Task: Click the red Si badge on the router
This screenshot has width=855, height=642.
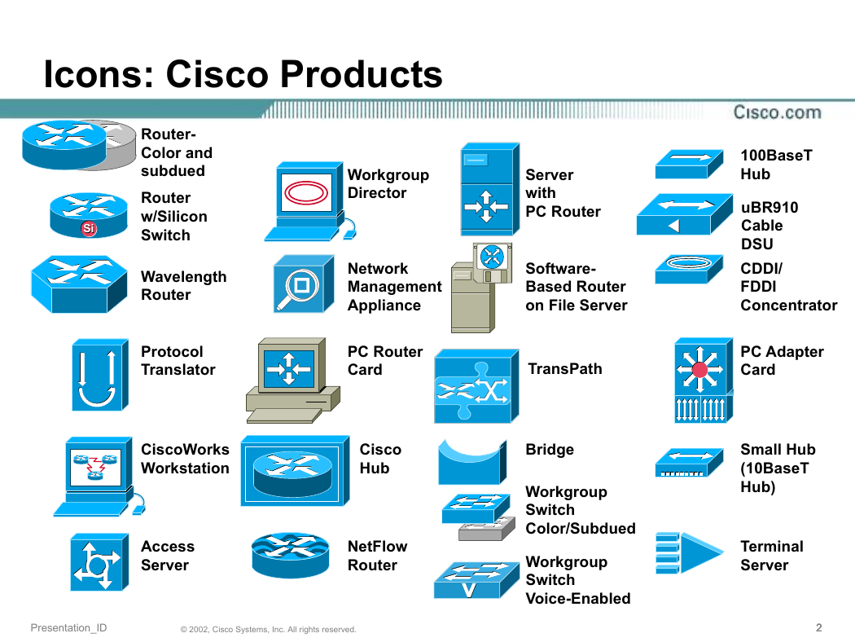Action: tap(89, 229)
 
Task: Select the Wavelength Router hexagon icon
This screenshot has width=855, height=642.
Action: tap(79, 284)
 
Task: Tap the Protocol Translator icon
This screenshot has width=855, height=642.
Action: tap(100, 375)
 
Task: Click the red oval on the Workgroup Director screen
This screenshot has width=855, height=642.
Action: tap(306, 192)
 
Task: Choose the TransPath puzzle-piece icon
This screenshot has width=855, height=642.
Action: tap(476, 386)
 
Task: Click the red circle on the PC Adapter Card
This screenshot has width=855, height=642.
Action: tap(699, 371)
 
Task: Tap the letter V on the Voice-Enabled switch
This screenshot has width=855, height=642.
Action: tap(468, 590)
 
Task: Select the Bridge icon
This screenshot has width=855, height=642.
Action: tap(472, 463)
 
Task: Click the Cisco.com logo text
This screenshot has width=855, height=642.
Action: tap(777, 112)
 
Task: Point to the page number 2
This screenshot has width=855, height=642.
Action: tap(818, 628)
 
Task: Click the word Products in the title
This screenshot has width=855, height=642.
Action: tap(361, 74)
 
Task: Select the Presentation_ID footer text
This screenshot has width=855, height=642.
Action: tap(68, 628)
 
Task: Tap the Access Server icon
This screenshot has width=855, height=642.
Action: tap(99, 562)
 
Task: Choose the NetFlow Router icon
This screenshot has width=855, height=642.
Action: tap(291, 555)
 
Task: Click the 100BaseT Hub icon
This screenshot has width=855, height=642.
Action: tap(689, 164)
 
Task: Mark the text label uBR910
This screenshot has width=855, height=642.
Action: tap(769, 207)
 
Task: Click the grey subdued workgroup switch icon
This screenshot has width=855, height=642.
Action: tap(486, 529)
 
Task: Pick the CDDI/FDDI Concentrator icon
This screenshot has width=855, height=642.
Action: tap(689, 269)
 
